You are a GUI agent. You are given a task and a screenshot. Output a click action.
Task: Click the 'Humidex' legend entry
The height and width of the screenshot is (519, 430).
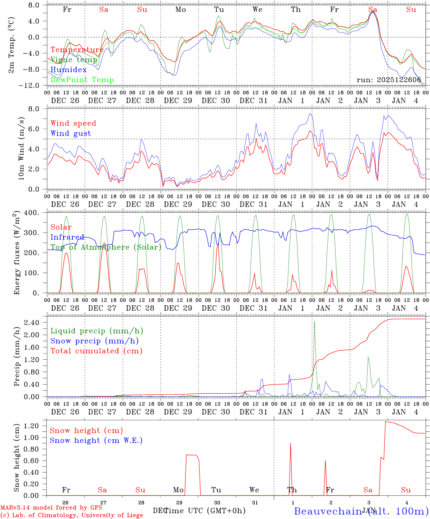click(68, 70)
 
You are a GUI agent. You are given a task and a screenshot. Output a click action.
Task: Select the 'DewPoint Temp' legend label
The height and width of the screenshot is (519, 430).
click(82, 80)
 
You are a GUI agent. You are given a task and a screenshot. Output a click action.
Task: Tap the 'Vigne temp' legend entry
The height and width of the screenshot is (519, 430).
click(74, 60)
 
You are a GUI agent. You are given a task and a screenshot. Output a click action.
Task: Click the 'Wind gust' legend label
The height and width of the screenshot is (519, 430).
click(71, 133)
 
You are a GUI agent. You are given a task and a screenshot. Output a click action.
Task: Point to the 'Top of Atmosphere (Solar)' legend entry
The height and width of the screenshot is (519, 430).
click(106, 247)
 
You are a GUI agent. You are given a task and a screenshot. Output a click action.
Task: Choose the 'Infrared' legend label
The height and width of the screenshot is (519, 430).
click(67, 237)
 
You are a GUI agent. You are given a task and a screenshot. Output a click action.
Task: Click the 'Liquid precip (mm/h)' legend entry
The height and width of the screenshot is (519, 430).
click(97, 331)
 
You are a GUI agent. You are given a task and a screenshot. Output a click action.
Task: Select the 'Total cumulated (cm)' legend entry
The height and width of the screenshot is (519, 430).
click(97, 351)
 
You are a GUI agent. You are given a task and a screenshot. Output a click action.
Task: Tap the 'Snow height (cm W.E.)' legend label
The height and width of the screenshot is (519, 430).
click(96, 440)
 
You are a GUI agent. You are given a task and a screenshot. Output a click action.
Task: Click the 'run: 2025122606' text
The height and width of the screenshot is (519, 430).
click(389, 80)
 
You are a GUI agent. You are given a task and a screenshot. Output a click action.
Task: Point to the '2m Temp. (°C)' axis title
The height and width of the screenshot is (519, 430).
click(12, 45)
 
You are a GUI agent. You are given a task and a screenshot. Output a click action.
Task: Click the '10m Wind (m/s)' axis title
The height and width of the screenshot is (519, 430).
click(21, 148)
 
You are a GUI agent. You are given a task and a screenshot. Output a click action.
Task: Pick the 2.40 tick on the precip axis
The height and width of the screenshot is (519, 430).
click(33, 323)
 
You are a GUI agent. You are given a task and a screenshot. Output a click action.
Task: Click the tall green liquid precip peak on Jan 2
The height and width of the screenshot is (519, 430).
click(314, 321)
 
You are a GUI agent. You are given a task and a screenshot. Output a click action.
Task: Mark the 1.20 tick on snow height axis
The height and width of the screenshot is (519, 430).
click(33, 426)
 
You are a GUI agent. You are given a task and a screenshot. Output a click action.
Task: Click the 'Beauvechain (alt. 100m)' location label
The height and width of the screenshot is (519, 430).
click(361, 511)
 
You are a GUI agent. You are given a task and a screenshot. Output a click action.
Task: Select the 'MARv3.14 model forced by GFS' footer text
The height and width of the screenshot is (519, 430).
click(51, 508)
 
